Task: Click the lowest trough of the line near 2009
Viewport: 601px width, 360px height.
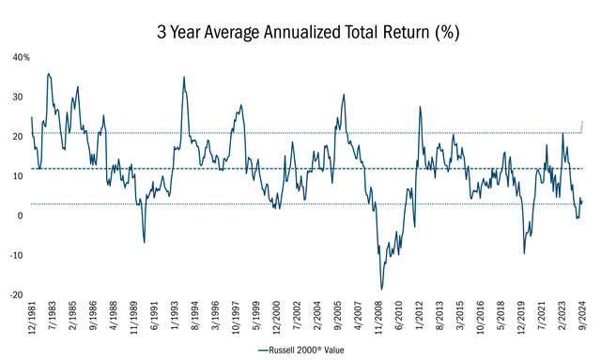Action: [x=381, y=290]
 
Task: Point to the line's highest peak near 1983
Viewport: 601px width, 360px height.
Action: [x=49, y=73]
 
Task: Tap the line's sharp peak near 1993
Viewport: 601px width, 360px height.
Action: [x=184, y=77]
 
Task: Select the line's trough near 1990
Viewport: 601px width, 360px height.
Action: [x=144, y=243]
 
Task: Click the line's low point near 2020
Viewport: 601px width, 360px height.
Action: [x=524, y=253]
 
